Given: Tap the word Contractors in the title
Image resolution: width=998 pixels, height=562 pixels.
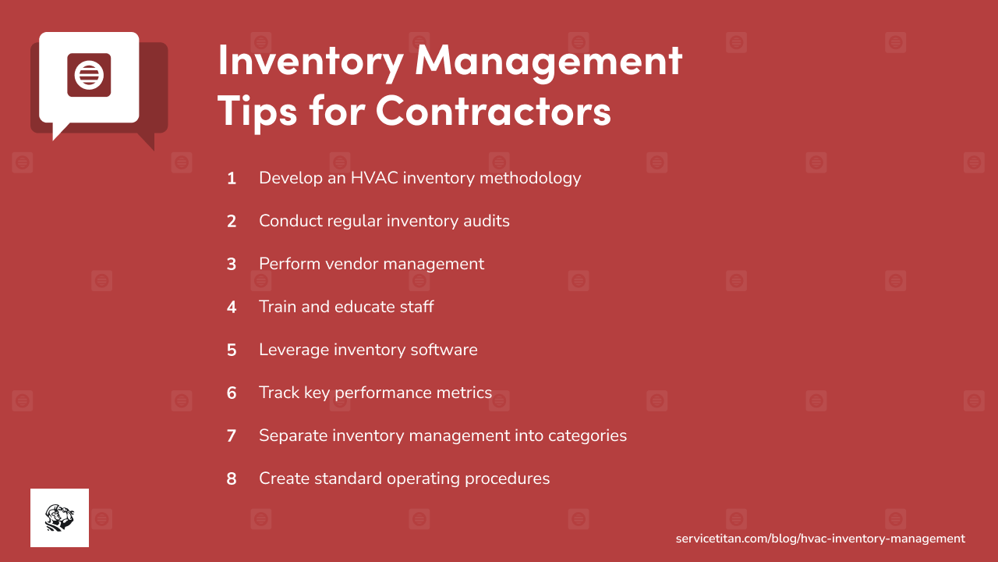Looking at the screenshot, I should click(x=493, y=111).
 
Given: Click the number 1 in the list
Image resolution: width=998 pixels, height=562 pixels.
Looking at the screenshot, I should click(x=232, y=178).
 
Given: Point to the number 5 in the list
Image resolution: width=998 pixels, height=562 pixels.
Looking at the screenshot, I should click(x=232, y=350).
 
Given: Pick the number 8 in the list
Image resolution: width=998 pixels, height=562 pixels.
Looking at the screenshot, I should click(x=232, y=478).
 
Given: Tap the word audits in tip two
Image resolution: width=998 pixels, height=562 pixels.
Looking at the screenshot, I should click(x=485, y=221).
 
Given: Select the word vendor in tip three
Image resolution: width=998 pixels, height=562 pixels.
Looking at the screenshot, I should click(x=347, y=264).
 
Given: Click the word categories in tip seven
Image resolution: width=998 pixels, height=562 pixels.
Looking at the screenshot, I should click(x=588, y=436).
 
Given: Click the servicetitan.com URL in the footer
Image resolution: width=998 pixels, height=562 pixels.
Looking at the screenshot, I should click(x=820, y=539).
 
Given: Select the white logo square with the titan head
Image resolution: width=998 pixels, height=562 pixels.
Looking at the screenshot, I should click(x=59, y=518).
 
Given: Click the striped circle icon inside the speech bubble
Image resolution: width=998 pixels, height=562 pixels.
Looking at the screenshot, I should click(x=89, y=76).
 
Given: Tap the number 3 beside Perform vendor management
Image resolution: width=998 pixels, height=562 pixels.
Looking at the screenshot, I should click(x=232, y=264).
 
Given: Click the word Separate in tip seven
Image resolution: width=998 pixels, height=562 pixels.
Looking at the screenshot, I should click(x=292, y=436).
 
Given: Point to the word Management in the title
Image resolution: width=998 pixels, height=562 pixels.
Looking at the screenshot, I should click(x=549, y=61).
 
